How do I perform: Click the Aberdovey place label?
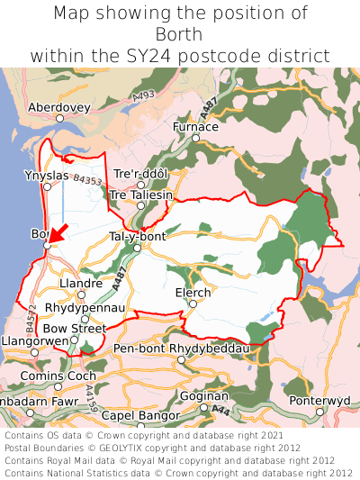(x=58, y=106)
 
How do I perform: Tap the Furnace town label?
(x=195, y=127)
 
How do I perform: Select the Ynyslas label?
(x=46, y=175)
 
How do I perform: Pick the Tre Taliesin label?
(x=140, y=195)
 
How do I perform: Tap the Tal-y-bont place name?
(x=137, y=236)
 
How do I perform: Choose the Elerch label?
(x=193, y=293)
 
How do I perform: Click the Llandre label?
(x=80, y=284)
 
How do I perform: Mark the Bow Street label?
(x=75, y=329)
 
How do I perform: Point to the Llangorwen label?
(x=34, y=342)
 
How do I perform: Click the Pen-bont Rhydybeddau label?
(x=180, y=349)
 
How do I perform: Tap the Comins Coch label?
(x=58, y=376)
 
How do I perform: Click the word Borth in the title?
(x=179, y=34)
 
